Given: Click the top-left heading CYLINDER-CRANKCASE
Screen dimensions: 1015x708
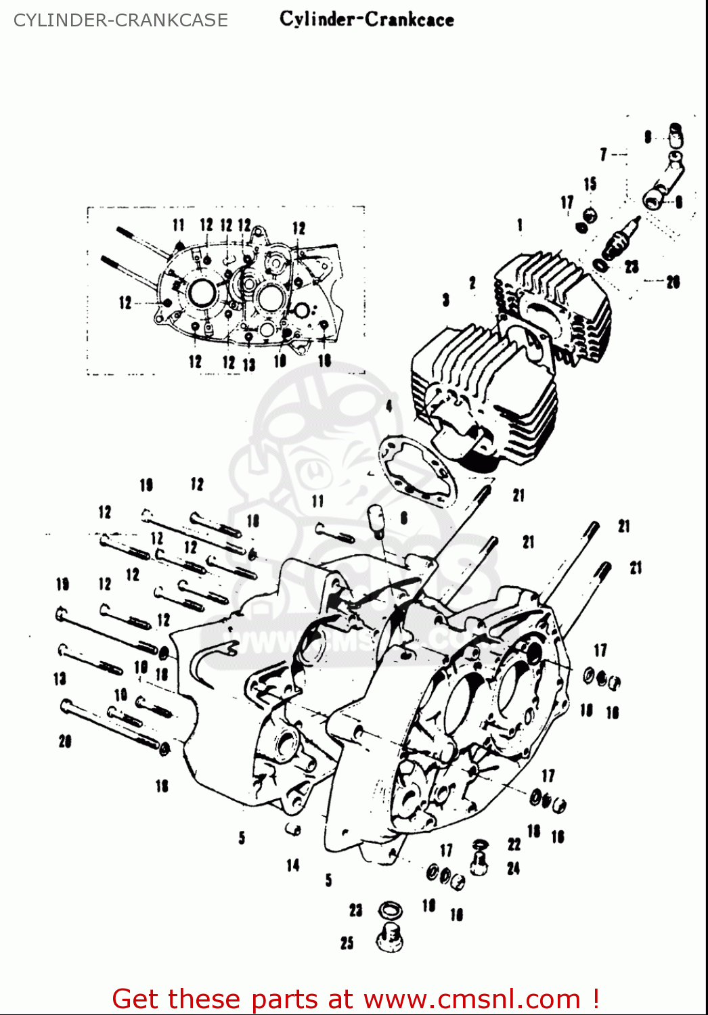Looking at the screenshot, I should (120, 20).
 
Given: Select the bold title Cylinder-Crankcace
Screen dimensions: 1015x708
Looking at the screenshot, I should (366, 19).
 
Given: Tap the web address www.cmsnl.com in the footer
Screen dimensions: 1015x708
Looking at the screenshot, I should (472, 999).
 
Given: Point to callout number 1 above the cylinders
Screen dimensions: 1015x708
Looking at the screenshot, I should (520, 225).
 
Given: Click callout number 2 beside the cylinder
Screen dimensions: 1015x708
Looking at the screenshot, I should (472, 283).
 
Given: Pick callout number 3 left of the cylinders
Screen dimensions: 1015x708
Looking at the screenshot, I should (445, 299).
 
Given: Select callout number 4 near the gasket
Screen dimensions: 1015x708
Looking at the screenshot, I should (389, 406).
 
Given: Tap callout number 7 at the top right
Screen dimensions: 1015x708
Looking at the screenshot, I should (603, 155).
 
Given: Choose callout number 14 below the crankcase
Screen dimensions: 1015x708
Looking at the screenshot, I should (292, 865).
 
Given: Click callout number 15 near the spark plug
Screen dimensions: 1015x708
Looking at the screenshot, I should (590, 184).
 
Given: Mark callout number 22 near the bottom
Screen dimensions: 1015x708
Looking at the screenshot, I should (514, 844).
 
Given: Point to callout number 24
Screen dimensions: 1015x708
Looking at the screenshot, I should (514, 868).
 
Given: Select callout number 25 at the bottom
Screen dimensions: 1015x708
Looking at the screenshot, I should (347, 942).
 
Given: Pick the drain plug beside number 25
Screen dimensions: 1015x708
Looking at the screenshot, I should (391, 938).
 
